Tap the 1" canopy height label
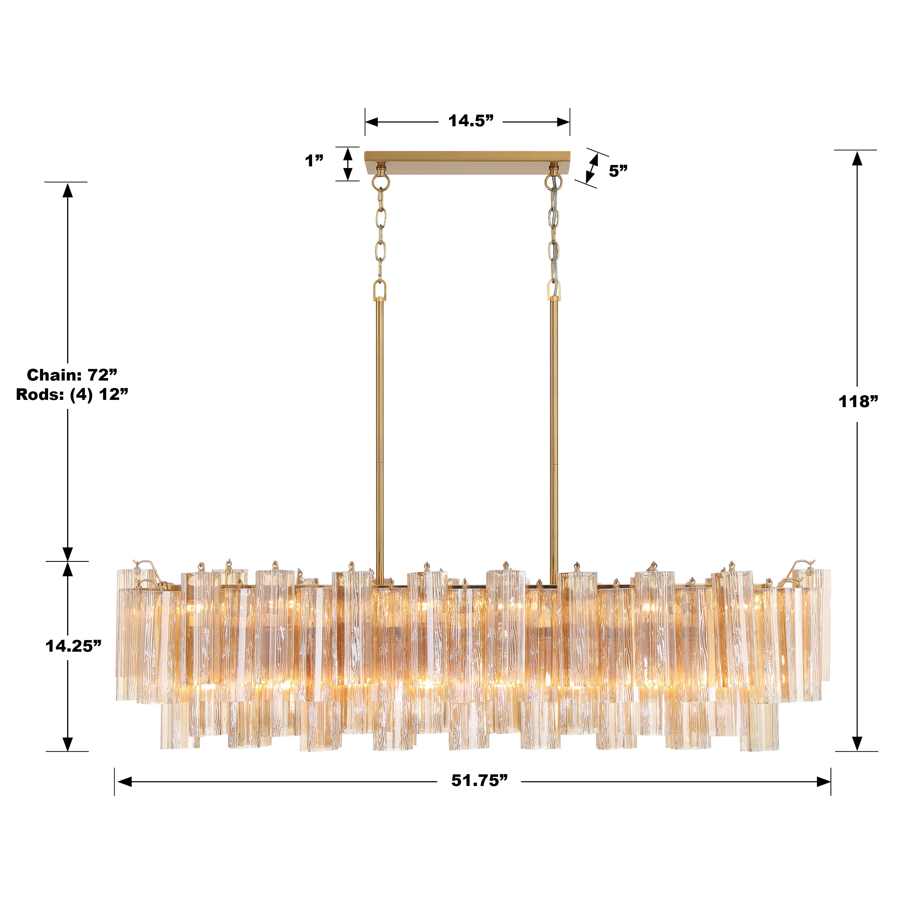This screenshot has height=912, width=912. tap(314, 161)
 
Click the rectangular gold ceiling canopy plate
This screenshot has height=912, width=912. tap(467, 157)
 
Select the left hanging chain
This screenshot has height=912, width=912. tap(381, 231)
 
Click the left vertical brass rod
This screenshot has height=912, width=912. tap(379, 425)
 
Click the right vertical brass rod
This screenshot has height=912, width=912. tap(554, 425)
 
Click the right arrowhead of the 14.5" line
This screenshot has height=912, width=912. tap(564, 122)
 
